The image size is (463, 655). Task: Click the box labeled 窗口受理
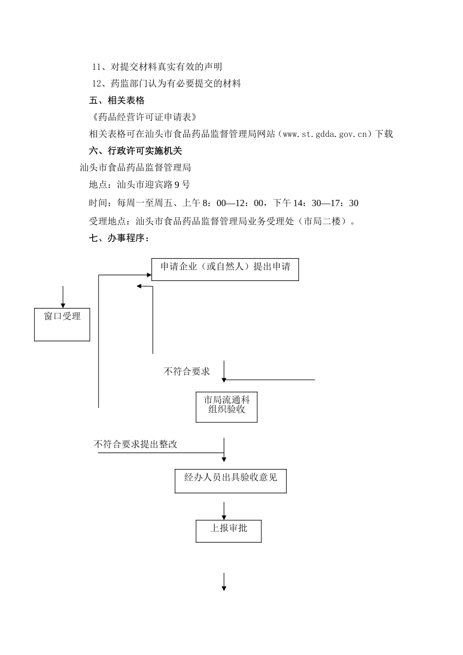pos(62,324)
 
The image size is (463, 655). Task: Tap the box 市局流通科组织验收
pos(226,406)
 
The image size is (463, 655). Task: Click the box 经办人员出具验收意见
pos(231,481)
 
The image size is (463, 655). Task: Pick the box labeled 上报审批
pos(229,531)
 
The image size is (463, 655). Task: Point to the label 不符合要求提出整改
pos(135,444)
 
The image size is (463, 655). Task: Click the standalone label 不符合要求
pos(187,372)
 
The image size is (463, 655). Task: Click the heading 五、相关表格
pos(117,100)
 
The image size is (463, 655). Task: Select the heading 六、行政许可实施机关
pos(135,151)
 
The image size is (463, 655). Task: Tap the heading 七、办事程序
pos(119,238)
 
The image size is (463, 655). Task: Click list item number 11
pos(157,67)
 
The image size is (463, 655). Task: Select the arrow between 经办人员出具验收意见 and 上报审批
pos(224,511)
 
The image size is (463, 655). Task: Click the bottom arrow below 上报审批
pos(224,582)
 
